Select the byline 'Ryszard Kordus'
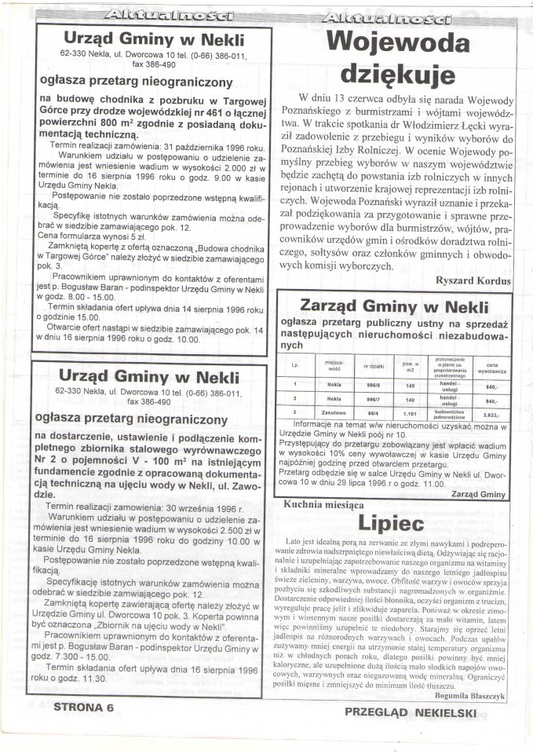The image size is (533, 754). pyautogui.click(x=472, y=280)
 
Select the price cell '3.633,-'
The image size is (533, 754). pyautogui.click(x=492, y=413)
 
